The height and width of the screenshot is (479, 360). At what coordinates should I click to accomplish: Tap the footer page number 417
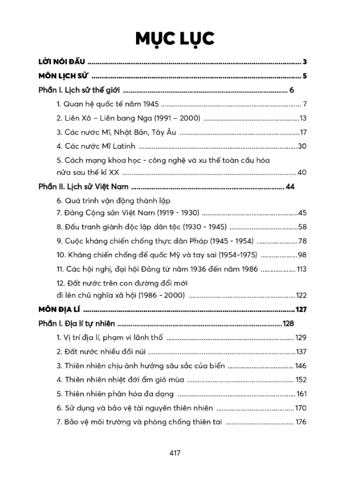[x=175, y=453]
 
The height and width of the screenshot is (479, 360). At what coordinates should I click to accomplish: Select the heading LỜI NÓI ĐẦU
[x=61, y=61]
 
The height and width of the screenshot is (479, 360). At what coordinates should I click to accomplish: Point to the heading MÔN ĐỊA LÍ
[x=57, y=310]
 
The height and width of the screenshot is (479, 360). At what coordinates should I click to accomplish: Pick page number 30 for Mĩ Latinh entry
[x=302, y=146]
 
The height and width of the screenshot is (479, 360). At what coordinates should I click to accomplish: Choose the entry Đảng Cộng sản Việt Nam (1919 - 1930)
[x=128, y=212]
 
